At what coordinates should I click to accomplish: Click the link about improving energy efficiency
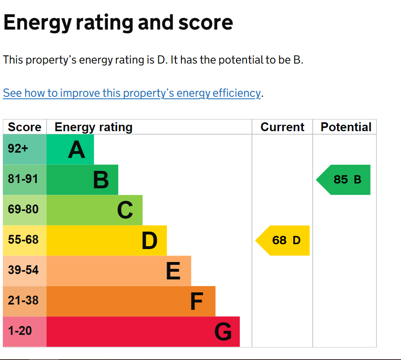(x=132, y=93)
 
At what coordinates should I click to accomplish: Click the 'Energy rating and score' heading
(x=118, y=23)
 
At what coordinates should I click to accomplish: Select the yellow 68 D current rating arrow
(x=282, y=241)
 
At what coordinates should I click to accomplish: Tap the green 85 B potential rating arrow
(x=343, y=180)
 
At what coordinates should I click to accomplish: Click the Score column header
(x=25, y=127)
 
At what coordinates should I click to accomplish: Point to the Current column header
(x=282, y=127)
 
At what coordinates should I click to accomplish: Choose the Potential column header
(x=346, y=127)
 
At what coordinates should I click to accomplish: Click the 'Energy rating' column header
(x=94, y=127)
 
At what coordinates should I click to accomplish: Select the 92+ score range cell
(x=25, y=149)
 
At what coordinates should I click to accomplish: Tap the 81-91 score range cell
(x=25, y=180)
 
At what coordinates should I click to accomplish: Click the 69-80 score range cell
(x=25, y=210)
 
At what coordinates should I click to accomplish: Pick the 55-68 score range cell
(x=25, y=241)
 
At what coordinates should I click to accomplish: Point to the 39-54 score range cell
(x=25, y=271)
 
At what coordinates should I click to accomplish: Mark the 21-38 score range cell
(x=25, y=301)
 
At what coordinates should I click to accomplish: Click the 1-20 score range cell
(x=25, y=332)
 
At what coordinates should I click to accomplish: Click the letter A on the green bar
(x=77, y=150)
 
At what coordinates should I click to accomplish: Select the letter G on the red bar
(x=223, y=332)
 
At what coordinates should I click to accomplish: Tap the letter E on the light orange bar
(x=173, y=271)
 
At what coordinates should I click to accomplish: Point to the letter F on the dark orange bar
(x=197, y=301)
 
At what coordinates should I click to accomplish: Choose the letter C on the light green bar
(x=125, y=210)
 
